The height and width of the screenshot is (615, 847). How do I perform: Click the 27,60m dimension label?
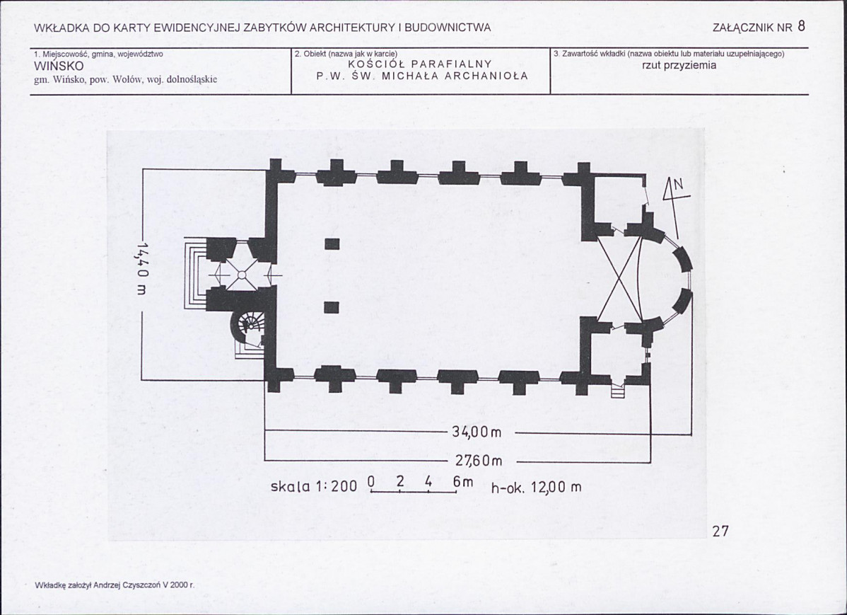tap(479, 461)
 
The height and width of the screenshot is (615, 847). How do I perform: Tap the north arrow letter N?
tap(678, 185)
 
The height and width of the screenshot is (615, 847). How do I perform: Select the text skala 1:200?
tap(314, 486)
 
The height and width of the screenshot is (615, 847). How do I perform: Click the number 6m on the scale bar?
tap(463, 482)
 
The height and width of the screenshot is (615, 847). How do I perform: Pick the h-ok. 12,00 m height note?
tap(537, 488)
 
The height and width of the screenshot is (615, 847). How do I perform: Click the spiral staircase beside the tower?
tap(247, 326)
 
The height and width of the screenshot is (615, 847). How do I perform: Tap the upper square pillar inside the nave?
tap(332, 244)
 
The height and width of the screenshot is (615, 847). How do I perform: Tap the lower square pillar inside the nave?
tap(332, 308)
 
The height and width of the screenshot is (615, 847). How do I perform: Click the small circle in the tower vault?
tap(242, 275)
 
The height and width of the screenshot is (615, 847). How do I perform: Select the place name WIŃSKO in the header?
tap(59, 67)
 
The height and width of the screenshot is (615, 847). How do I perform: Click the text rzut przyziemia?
tap(679, 65)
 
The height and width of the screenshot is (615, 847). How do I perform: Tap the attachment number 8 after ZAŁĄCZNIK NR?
tap(801, 26)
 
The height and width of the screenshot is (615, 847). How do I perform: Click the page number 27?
tap(720, 531)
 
